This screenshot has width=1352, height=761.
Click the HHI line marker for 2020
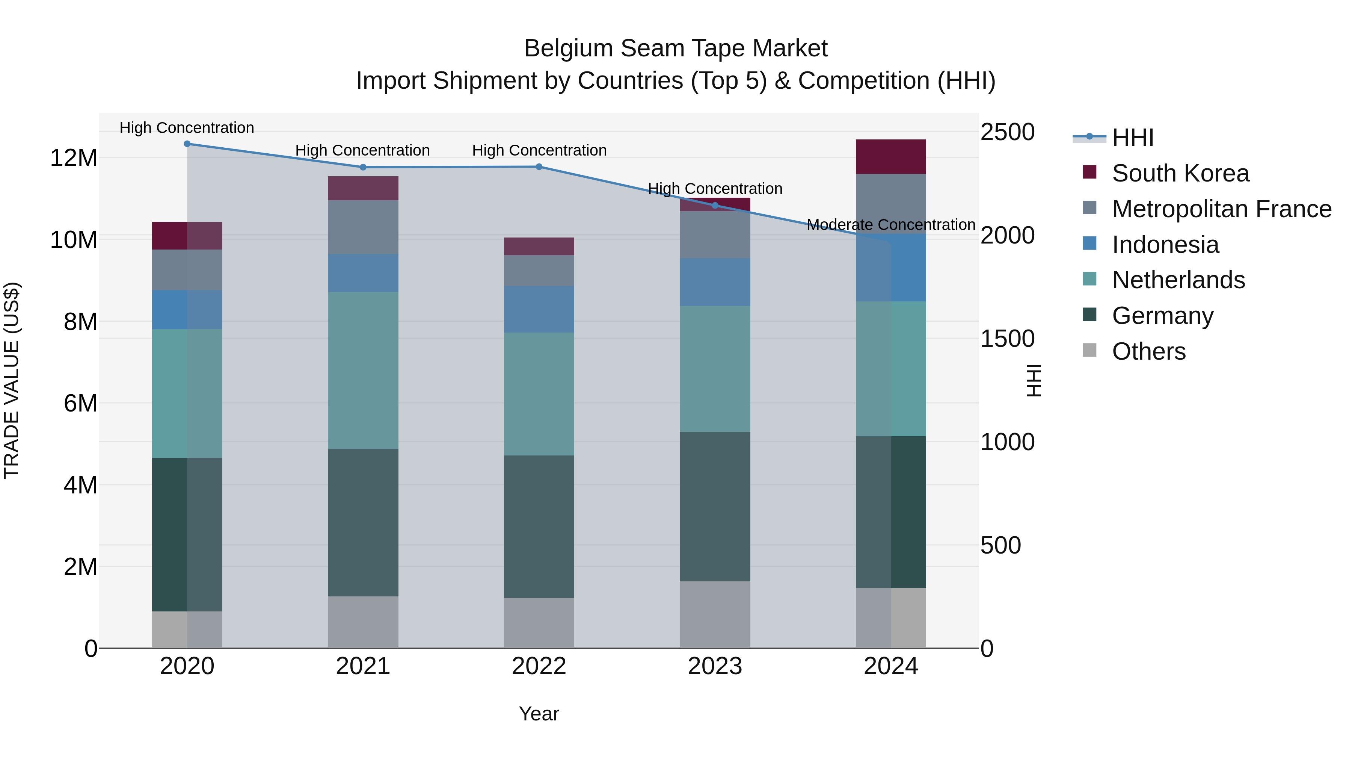pos(187,144)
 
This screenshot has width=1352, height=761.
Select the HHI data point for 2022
pos(539,167)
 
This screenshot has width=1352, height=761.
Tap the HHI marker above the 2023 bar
pos(715,205)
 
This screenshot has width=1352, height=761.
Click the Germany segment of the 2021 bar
pos(363,523)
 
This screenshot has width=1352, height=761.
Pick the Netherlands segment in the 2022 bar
pos(539,394)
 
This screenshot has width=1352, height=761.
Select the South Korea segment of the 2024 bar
pos(891,156)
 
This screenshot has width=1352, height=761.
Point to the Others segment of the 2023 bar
pos(715,614)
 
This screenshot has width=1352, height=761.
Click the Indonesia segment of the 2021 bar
pos(363,273)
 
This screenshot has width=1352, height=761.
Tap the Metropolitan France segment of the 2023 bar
pos(715,235)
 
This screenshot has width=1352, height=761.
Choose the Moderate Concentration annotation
pos(891,225)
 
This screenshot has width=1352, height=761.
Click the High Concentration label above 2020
pos(187,128)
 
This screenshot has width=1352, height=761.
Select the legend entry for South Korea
pos(1180,173)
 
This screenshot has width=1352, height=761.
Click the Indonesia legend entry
pos(1165,245)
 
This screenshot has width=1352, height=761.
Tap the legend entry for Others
pos(1148,351)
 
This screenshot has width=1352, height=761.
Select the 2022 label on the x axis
pos(539,666)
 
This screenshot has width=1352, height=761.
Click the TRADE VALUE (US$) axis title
pos(12,380)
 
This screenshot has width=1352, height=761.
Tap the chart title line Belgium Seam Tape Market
pos(676,48)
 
